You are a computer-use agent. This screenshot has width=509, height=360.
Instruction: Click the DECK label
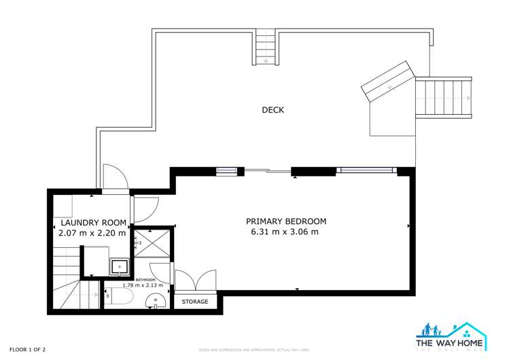[273, 110]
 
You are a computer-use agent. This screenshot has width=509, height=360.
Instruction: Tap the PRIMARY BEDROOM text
[285, 221]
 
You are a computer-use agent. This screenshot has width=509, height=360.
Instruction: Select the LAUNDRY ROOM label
[93, 222]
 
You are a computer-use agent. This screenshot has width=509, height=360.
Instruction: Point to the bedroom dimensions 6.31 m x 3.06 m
[285, 232]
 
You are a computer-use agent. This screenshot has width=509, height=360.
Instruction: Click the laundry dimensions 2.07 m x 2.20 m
[92, 233]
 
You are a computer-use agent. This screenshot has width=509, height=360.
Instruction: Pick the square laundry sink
[120, 267]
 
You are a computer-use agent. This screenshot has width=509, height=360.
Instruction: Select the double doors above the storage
[196, 281]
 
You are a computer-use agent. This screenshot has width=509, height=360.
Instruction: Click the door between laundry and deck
[116, 179]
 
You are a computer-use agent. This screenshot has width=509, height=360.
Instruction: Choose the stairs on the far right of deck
[443, 98]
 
